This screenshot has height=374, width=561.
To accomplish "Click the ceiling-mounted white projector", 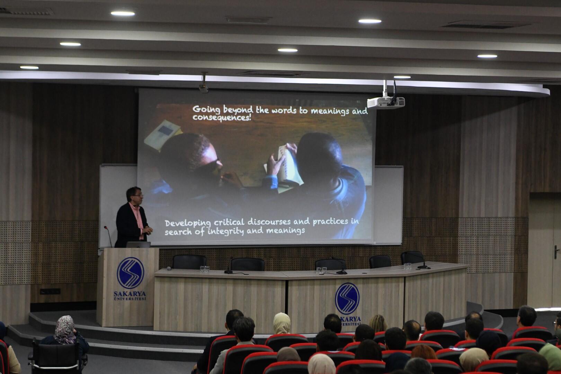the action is click(x=386, y=102).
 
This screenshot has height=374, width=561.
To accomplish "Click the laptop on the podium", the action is click(x=138, y=245).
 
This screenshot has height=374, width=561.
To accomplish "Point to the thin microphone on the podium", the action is click(x=108, y=236).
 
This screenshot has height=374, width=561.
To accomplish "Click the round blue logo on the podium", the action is click(x=130, y=273).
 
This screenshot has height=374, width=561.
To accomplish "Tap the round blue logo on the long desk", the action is click(x=347, y=299).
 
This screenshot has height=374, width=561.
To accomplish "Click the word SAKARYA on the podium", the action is click(x=130, y=293).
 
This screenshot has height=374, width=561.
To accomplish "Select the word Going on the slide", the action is click(x=206, y=109).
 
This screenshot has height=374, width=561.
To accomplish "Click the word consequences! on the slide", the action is click(x=222, y=118).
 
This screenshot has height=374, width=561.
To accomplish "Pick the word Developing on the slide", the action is click(x=188, y=223).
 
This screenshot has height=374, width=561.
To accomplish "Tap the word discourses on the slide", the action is click(x=269, y=222).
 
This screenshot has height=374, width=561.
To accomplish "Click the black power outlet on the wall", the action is click(x=50, y=291).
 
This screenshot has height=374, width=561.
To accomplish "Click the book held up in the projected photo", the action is click(x=288, y=165).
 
